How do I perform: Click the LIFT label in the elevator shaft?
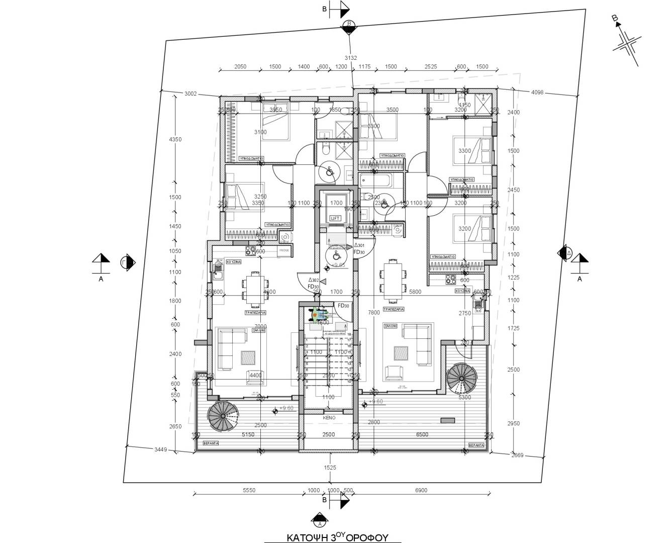click(335, 218)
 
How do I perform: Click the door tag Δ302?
click(314, 280)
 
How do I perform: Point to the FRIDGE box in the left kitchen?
click(284, 249)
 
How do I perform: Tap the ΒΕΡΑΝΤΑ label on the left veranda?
click(211, 445)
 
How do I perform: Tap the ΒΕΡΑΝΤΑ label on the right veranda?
click(475, 445)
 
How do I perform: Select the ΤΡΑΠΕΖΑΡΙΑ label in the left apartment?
click(255, 312)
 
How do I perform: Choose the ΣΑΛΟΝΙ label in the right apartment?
click(391, 326)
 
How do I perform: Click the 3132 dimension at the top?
click(351, 58)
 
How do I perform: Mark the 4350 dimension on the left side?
click(175, 139)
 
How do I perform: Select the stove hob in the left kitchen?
click(250, 249)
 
